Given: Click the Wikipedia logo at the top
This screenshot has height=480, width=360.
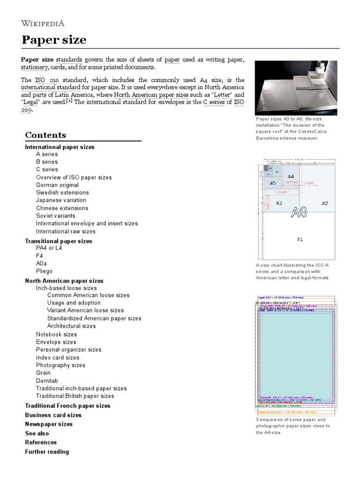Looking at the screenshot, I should click(43, 23).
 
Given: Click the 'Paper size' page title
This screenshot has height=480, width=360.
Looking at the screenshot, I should click(54, 40).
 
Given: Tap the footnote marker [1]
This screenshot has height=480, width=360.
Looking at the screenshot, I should click(69, 101).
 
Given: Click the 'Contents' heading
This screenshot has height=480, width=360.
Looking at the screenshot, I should click(45, 135).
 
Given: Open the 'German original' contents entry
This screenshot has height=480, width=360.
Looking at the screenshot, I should click(57, 185).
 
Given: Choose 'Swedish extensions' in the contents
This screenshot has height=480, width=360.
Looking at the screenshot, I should click(62, 193).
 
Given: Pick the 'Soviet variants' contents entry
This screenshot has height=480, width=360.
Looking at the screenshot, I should click(55, 216).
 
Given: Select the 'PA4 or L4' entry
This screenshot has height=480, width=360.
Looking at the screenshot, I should click(49, 248).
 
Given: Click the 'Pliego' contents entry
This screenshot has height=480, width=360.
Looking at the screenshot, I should click(44, 271).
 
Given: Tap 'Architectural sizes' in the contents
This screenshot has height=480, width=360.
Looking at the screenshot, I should click(71, 326).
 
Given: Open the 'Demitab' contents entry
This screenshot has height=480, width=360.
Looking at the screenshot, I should click(46, 381).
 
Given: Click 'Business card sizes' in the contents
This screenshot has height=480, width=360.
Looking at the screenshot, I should click(53, 415).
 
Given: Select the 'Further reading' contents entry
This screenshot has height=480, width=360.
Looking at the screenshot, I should click(47, 452).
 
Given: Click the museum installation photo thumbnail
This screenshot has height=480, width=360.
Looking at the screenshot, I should click(295, 88).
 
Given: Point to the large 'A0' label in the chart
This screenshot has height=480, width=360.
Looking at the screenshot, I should click(299, 212).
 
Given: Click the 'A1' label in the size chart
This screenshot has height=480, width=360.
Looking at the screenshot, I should click(300, 239).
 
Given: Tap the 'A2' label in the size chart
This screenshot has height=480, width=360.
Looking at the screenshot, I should click(325, 203).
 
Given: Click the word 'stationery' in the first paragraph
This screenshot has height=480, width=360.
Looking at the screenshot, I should click(36, 67).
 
